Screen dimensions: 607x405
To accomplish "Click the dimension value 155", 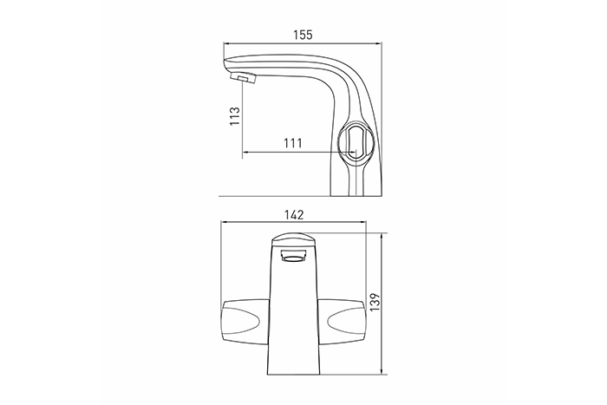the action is [x=303, y=35].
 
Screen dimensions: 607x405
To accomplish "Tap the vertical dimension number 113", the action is [x=235, y=115].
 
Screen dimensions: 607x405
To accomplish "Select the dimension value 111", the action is [x=293, y=143].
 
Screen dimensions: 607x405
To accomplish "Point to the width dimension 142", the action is [x=294, y=215].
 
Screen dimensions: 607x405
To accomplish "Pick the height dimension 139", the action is [x=375, y=304].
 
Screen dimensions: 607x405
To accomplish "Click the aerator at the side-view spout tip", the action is [x=244, y=77].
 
